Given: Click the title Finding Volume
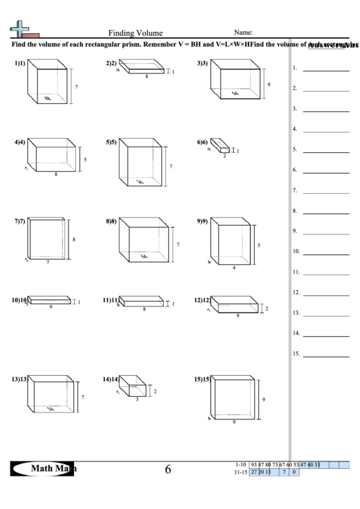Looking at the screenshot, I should click(135, 33).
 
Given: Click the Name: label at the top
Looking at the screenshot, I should click(243, 32).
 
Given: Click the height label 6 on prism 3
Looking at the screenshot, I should click(270, 84).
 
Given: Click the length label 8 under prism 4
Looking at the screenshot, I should click(56, 175).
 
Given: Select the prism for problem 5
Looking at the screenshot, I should click(141, 164).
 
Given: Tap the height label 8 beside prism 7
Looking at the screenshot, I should click(73, 239).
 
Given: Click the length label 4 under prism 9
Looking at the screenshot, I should click(234, 267).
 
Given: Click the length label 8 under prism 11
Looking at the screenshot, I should click(144, 309).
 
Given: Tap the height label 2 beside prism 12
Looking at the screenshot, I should click(266, 309).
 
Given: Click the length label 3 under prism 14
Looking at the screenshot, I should click(137, 400).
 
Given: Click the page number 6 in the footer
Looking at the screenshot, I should click(168, 469).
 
